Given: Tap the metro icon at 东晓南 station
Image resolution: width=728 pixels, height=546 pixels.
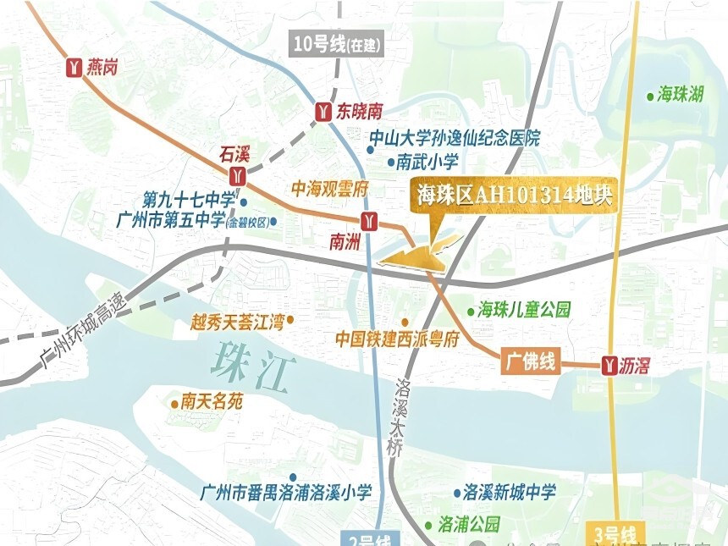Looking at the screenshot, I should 323,111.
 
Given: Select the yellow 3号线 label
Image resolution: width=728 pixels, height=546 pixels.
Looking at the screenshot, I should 615,535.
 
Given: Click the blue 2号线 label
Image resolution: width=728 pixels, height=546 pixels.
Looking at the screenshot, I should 369,539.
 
